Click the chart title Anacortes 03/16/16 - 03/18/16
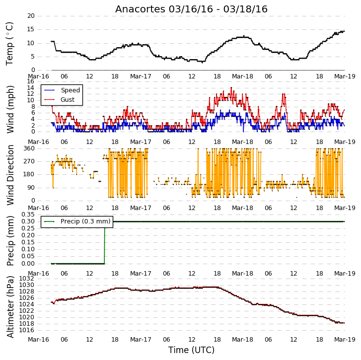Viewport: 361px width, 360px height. click(191, 9)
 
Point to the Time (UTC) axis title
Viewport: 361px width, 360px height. click(191, 350)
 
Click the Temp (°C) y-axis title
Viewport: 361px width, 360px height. click(9, 44)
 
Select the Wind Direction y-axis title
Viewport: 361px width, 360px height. click(10, 175)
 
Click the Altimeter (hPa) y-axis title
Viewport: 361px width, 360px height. click(10, 307)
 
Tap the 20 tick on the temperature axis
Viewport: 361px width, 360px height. click(31, 16)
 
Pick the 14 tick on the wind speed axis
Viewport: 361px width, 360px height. click(31, 88)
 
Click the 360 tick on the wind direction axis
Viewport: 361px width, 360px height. click(29, 148)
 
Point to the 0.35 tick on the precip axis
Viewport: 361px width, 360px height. click(28, 215)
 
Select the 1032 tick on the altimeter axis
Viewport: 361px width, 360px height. click(26, 279)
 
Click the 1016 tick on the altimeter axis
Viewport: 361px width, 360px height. click(26, 330)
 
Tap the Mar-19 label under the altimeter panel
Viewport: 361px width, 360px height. click(345, 340)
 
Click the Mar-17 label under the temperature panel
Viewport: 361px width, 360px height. click(141, 76)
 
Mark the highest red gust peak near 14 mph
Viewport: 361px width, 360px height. click(231, 88)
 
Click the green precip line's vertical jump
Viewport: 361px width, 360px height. click(105, 243)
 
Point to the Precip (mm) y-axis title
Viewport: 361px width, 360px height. click(10, 241)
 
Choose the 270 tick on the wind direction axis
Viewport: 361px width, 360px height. click(29, 161)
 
